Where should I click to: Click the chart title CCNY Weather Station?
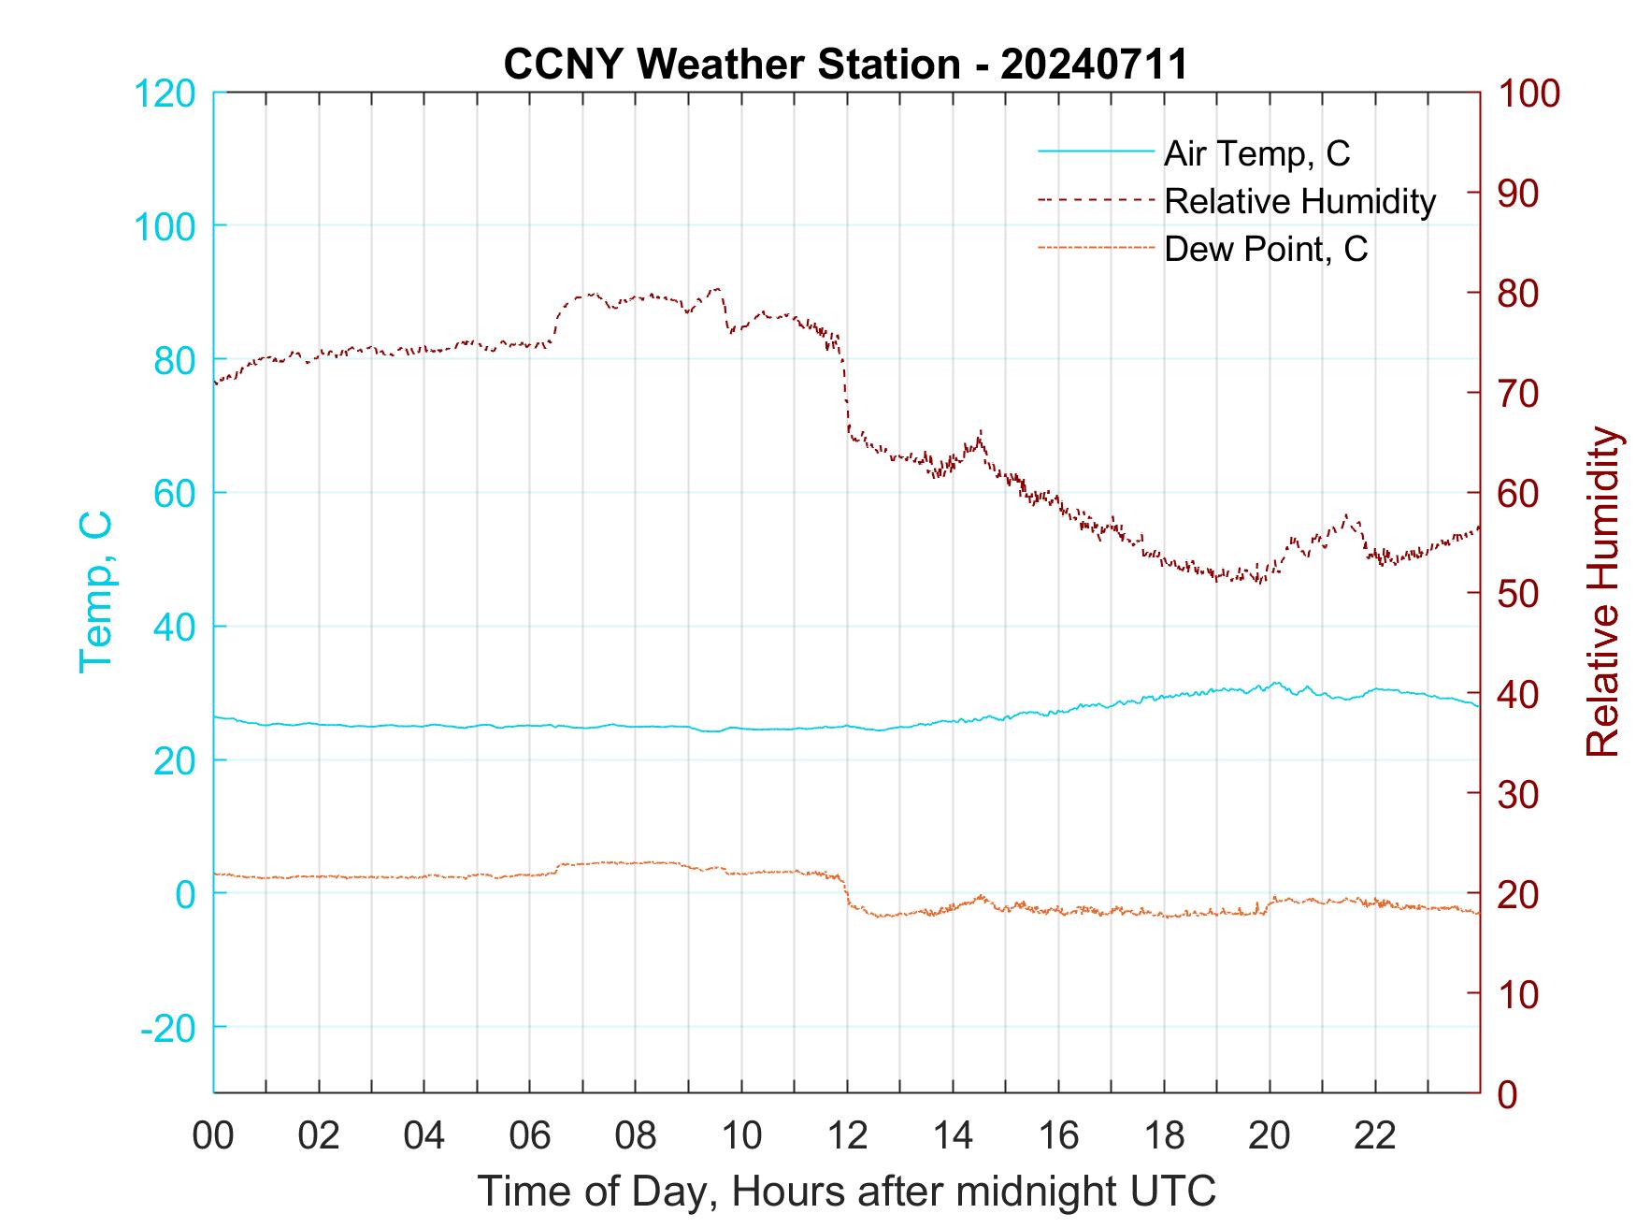845,65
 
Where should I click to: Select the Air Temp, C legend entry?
1256,153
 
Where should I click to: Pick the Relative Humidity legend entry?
1299,201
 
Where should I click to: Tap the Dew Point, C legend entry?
1265,250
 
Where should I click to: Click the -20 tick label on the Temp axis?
167,1028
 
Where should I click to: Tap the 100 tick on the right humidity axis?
1529,94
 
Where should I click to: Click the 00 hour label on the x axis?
213,1137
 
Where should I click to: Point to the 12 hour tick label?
847,1137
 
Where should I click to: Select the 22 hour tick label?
1375,1137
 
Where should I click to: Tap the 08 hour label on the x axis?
636,1137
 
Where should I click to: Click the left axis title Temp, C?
96,592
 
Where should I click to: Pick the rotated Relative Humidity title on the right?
1602,592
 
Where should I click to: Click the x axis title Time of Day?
847,1192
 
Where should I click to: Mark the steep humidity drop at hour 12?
846,393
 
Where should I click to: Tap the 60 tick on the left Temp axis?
174,493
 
